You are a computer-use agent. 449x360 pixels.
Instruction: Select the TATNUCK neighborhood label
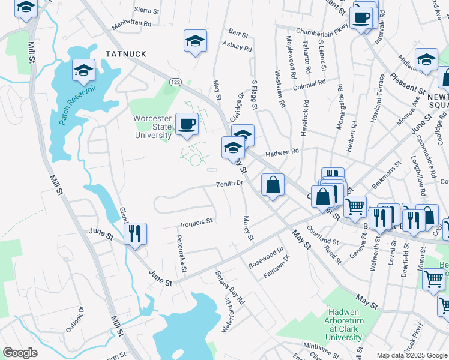pyautogui.click(x=126, y=54)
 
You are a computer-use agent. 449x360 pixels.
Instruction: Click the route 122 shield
pyautogui.click(x=175, y=82)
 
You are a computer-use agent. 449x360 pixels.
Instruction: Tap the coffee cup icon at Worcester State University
pyautogui.click(x=187, y=124)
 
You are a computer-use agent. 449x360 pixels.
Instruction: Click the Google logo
pyautogui.click(x=20, y=352)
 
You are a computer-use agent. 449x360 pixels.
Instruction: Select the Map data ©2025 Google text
pyautogui.click(x=412, y=355)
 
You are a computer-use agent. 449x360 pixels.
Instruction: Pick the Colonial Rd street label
pyautogui.click(x=309, y=85)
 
